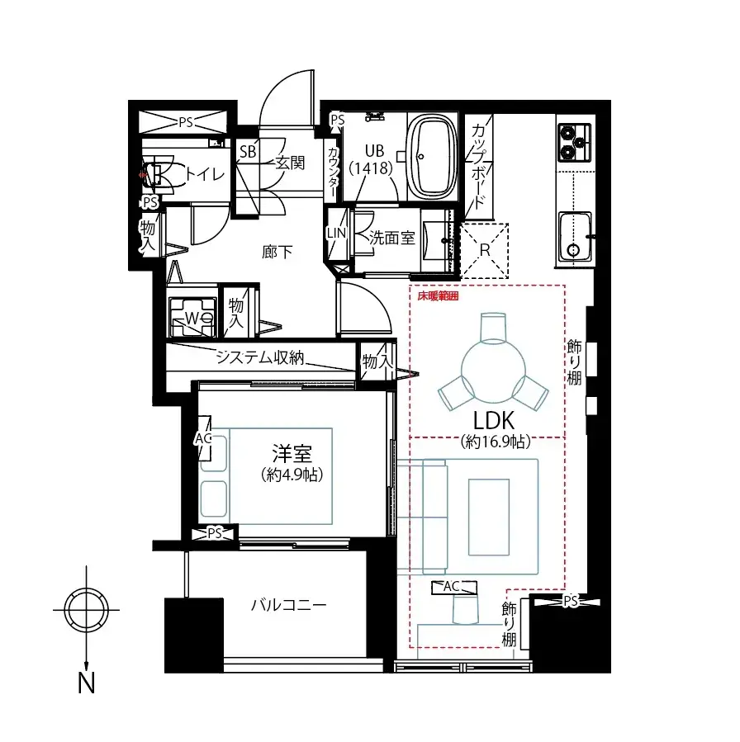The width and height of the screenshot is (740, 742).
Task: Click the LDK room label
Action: pyautogui.click(x=495, y=422)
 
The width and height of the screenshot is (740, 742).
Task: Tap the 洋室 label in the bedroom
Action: pyautogui.click(x=291, y=454)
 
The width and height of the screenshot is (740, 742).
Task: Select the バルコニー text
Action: pyautogui.click(x=289, y=605)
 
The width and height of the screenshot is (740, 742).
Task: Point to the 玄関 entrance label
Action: pyautogui.click(x=289, y=162)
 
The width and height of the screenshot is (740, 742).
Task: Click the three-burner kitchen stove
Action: pyautogui.click(x=576, y=142)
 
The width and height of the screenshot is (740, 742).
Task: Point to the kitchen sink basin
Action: pyautogui.click(x=576, y=236)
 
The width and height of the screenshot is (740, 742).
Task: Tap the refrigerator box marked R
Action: pyautogui.click(x=485, y=248)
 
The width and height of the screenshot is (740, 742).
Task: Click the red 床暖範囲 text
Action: pyautogui.click(x=437, y=295)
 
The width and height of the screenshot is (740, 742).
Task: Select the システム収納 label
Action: pyautogui.click(x=260, y=357)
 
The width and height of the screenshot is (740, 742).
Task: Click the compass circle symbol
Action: pyautogui.click(x=85, y=611)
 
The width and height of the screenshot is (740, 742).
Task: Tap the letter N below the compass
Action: pyautogui.click(x=85, y=683)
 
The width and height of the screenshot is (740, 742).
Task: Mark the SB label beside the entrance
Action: pyautogui.click(x=247, y=152)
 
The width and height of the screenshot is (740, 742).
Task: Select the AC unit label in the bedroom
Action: pyautogui.click(x=202, y=438)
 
